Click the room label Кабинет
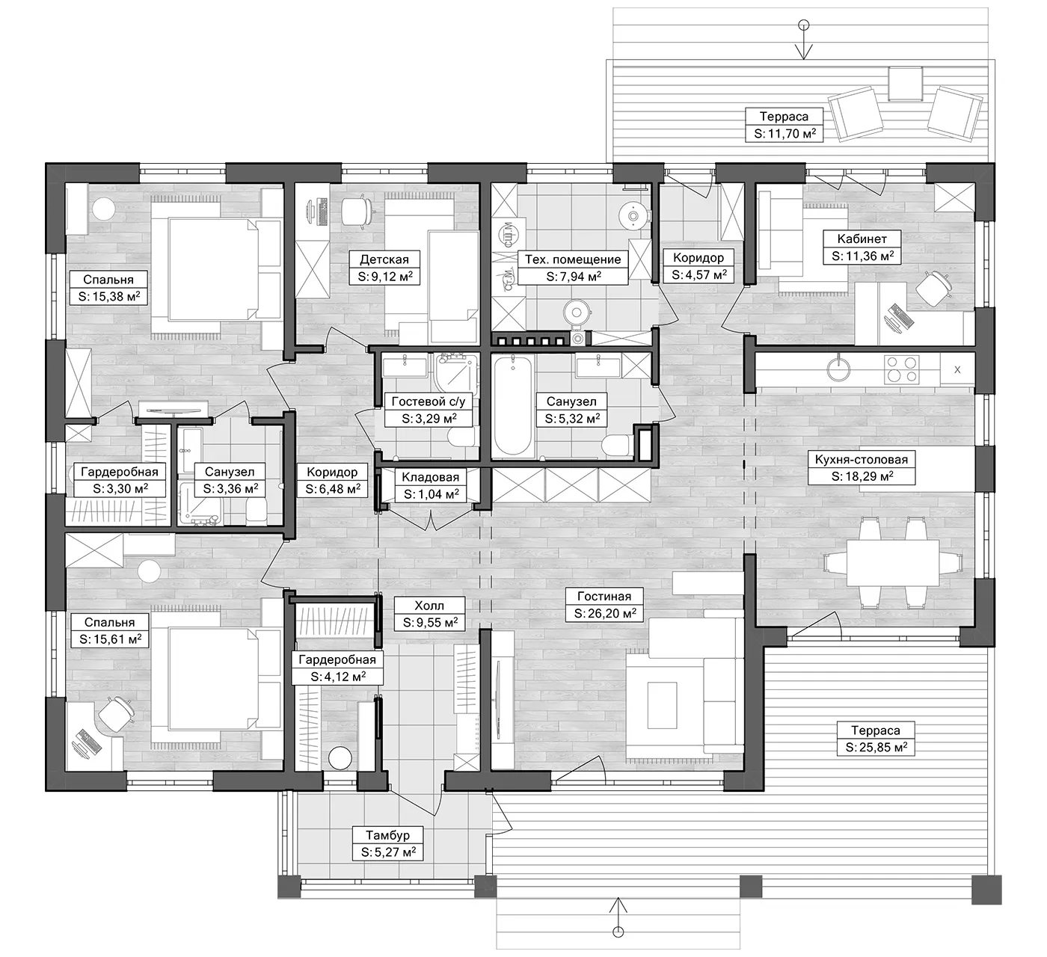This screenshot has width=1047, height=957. click(x=862, y=239)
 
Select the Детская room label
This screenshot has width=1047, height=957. click(x=384, y=259)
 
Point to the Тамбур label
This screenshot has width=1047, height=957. click(x=388, y=835)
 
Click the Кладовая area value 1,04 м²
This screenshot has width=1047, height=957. click(x=431, y=494)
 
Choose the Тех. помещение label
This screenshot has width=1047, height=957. click(x=573, y=259)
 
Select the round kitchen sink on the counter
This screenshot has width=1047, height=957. click(x=839, y=368)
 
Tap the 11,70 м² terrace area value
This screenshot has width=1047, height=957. click(x=785, y=134)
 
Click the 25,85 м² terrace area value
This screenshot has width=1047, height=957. click(x=876, y=747)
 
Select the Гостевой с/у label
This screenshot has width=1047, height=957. click(x=428, y=401)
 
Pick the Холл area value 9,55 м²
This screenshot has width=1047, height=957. click(x=430, y=623)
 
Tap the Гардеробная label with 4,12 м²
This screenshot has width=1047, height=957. click(x=337, y=659)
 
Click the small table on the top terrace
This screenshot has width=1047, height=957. click(x=906, y=83)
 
